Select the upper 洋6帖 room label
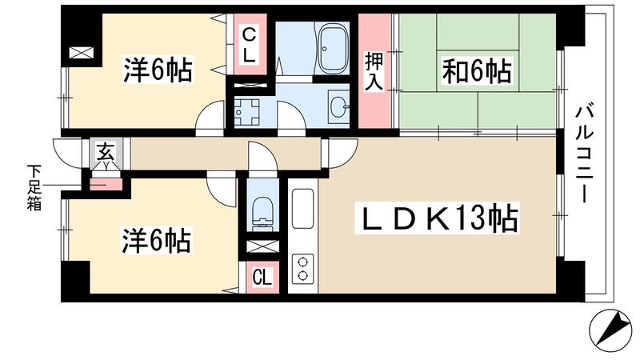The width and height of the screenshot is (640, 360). (x=158, y=71)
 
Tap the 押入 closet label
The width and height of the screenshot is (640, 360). (x=373, y=70)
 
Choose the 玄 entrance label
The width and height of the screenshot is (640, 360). (x=106, y=150)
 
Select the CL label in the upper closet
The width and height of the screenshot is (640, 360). (x=250, y=46)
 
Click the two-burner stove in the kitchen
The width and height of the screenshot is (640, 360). (x=303, y=266)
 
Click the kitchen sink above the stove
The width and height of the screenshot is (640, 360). (x=302, y=210)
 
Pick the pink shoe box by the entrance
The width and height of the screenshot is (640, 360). (x=106, y=184)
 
